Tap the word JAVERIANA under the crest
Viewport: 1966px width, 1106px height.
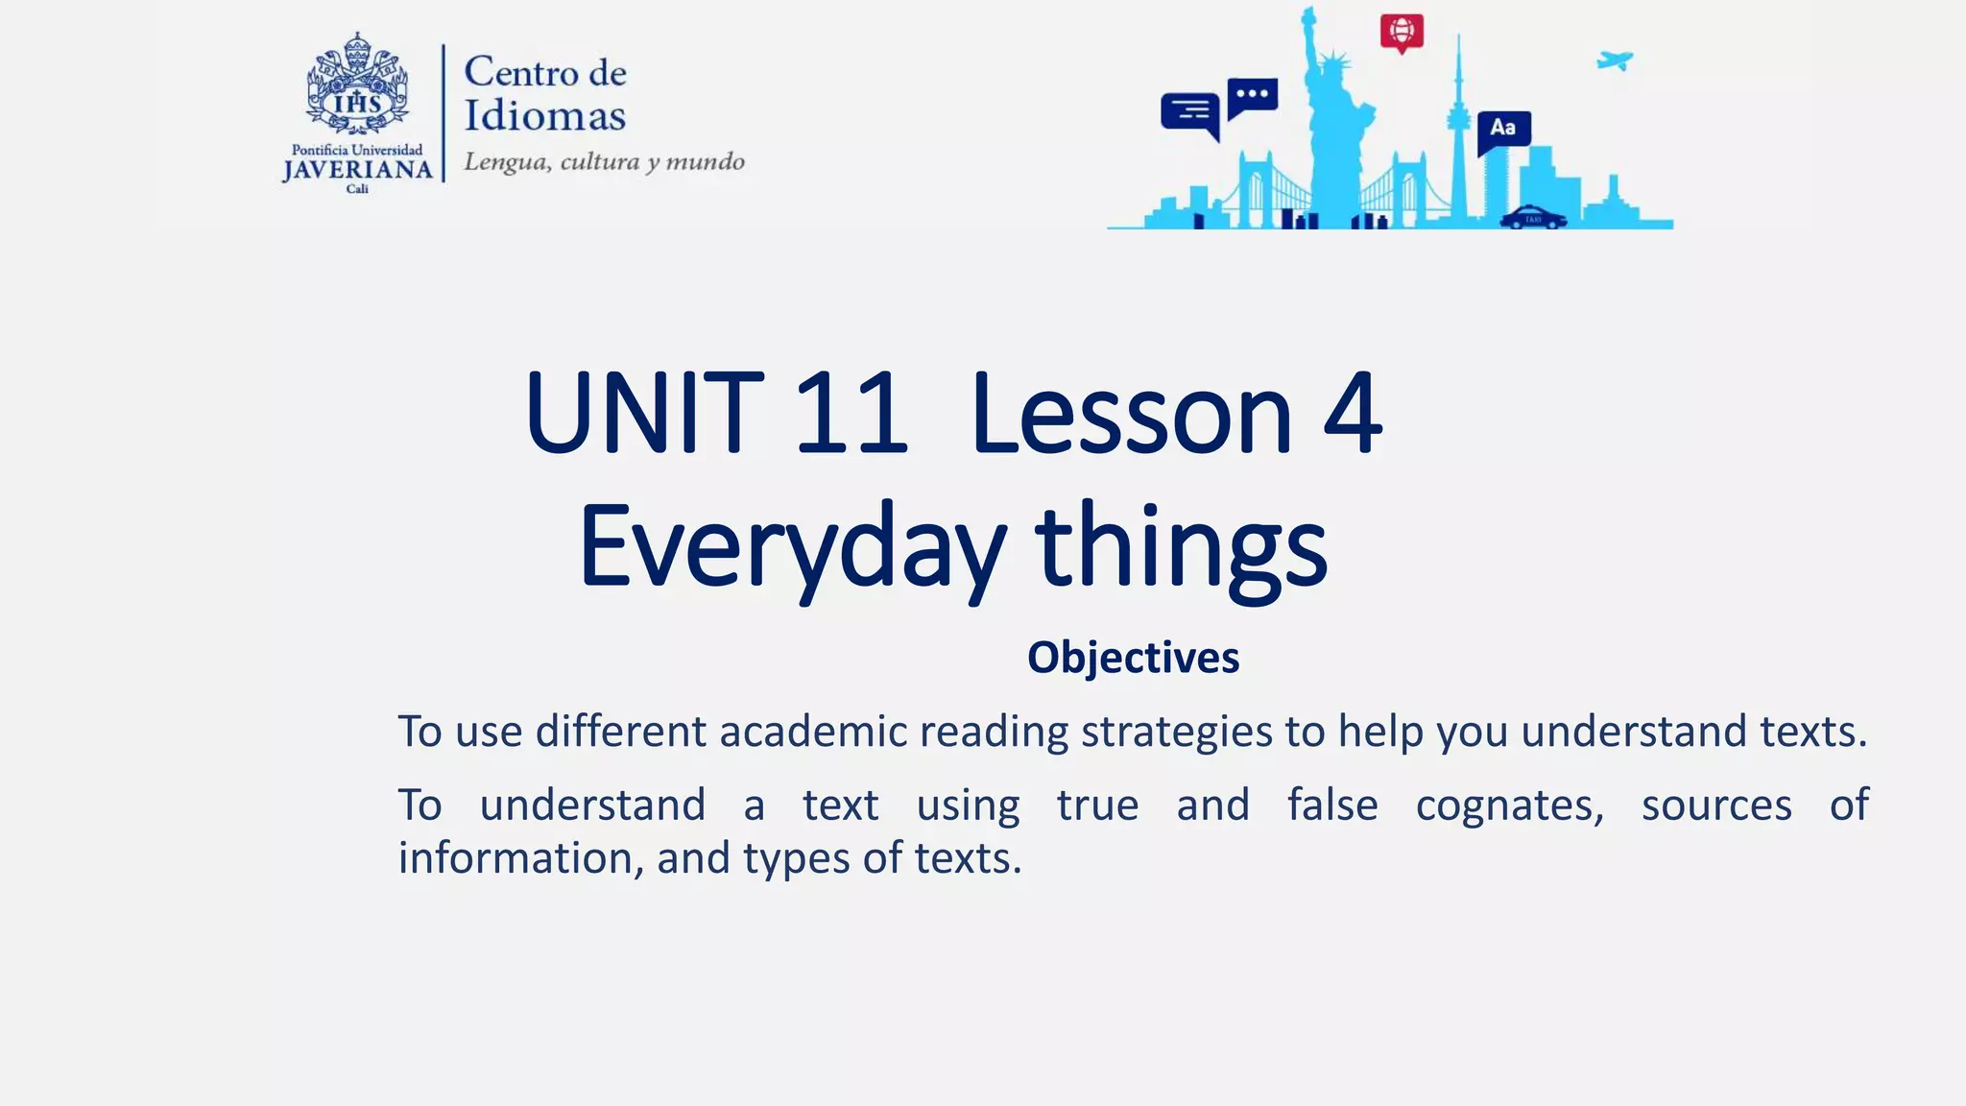coord(357,170)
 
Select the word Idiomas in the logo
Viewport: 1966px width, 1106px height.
coord(544,116)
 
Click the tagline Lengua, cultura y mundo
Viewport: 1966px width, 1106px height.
coord(604,161)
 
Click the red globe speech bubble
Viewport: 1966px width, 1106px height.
coord(1402,33)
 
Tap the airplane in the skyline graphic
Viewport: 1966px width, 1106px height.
coord(1615,61)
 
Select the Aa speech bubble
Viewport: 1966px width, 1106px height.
coord(1503,130)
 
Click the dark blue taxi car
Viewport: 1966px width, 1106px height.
coord(1533,217)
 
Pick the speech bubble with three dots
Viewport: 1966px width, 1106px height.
coord(1253,96)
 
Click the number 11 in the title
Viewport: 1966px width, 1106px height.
coord(851,415)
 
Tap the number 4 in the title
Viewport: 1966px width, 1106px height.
coord(1353,415)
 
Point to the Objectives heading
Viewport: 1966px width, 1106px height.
coord(1133,659)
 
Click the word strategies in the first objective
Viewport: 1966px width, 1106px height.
coord(1176,733)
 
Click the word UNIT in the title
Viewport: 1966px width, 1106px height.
coord(644,415)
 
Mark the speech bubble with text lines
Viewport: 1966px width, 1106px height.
coord(1190,113)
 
